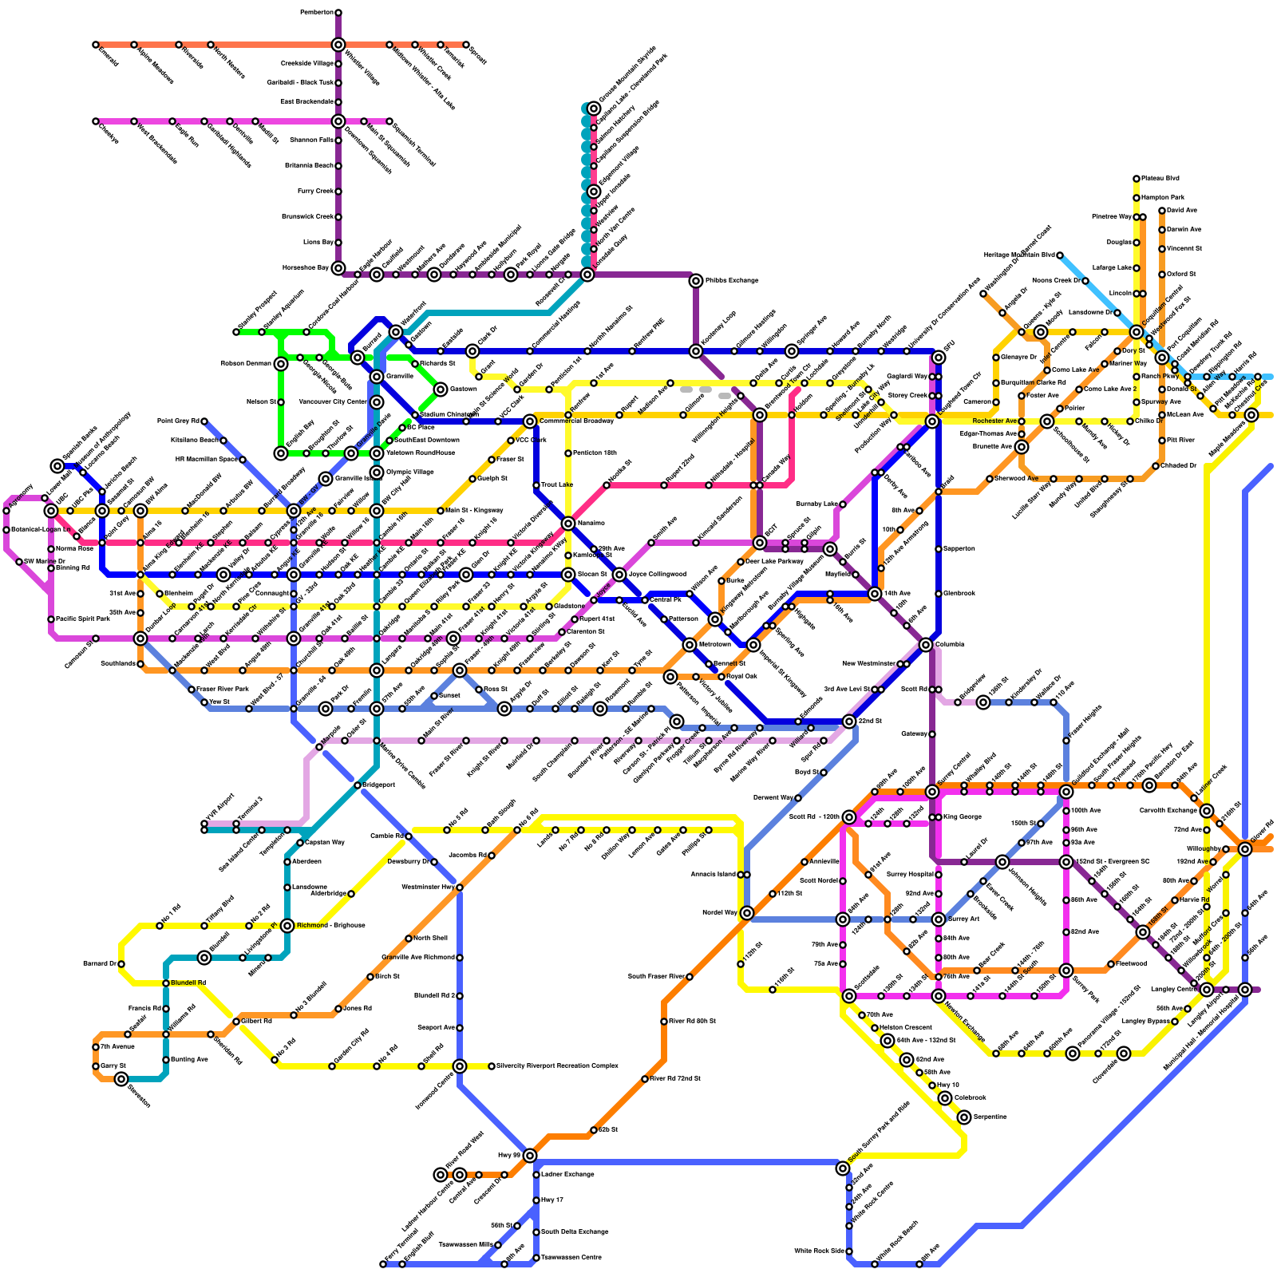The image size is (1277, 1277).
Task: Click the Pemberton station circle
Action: click(x=338, y=13)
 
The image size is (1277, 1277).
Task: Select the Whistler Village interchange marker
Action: click(x=338, y=45)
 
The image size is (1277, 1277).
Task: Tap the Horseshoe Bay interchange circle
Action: click(x=338, y=268)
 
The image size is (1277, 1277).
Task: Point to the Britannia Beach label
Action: click(x=306, y=166)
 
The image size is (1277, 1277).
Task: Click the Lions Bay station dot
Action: click(x=338, y=243)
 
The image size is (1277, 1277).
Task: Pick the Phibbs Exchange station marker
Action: click(x=696, y=281)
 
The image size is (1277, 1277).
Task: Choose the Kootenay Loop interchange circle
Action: click(x=696, y=351)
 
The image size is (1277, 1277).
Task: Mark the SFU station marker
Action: click(x=939, y=358)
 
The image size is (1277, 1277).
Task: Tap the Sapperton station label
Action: click(x=959, y=549)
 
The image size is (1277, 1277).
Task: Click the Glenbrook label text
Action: click(x=959, y=594)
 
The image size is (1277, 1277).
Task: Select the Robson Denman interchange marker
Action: click(x=281, y=364)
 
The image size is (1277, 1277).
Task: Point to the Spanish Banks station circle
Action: click(x=57, y=466)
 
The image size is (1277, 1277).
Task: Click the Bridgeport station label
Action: click(x=379, y=785)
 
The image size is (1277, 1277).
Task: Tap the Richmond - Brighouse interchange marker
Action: click(x=287, y=926)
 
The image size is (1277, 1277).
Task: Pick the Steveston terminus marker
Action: click(x=121, y=1079)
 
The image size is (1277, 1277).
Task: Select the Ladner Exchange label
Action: click(x=567, y=1175)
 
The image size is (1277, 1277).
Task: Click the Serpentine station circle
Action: click(x=964, y=1117)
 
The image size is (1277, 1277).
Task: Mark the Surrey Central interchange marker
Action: click(x=932, y=792)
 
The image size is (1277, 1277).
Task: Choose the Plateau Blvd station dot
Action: click(x=1137, y=179)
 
